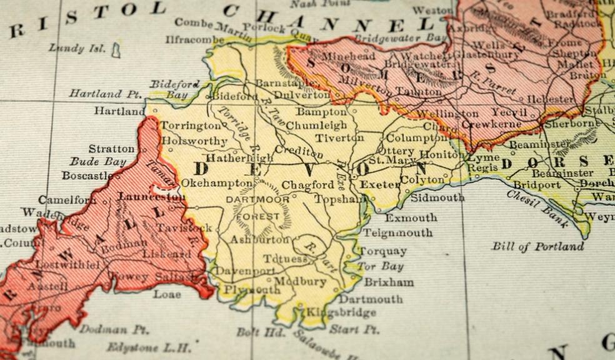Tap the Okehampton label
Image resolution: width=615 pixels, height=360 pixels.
[x=217, y=183]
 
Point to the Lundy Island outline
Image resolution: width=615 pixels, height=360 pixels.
[x=116, y=51]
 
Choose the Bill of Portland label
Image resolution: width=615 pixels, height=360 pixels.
[x=537, y=246]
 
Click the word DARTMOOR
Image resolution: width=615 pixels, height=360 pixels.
[x=257, y=199]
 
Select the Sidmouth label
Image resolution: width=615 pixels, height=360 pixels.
[x=437, y=197]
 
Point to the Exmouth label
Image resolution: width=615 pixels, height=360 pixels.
[x=411, y=218]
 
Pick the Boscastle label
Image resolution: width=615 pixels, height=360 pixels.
[x=87, y=176]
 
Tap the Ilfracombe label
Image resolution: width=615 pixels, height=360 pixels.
[x=194, y=39]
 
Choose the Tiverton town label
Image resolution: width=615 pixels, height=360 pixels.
[x=339, y=137]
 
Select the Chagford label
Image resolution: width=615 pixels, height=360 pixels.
[x=307, y=185]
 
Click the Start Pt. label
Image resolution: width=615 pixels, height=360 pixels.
[x=362, y=329]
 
